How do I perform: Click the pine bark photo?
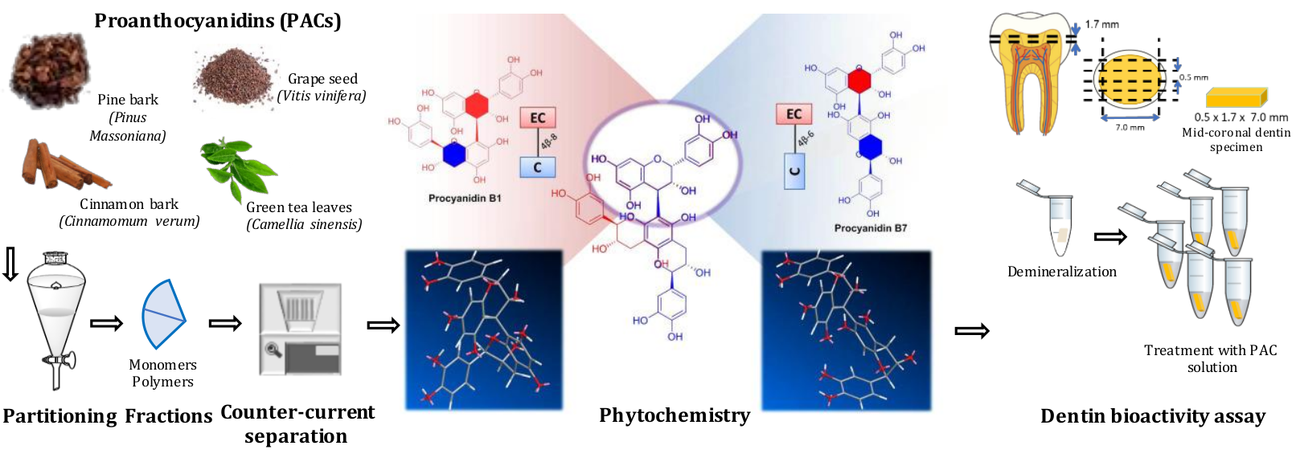coord(48,71)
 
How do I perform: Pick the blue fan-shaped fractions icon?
coord(162,314)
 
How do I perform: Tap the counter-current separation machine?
coord(300,329)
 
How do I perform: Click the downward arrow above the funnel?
coord(10,264)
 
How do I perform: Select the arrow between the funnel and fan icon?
coord(106,323)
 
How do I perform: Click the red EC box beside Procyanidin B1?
coord(537,118)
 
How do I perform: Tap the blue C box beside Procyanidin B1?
coord(537,167)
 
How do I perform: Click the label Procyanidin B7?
coord(870,228)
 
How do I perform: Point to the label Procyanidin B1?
coord(465,198)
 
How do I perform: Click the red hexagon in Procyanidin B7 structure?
coord(859,80)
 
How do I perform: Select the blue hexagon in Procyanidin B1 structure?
coord(454,154)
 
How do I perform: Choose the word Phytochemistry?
coord(675,415)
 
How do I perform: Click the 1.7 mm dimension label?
coord(1101,24)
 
